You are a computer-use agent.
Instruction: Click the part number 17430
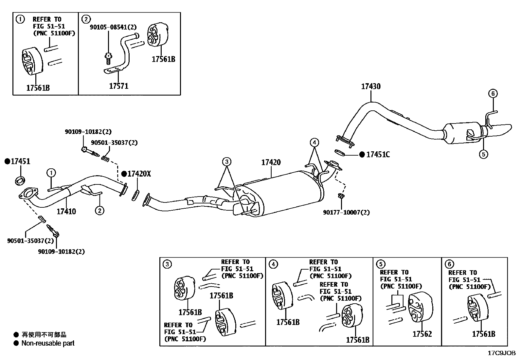point(371,86)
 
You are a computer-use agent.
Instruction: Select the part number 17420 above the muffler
point(271,162)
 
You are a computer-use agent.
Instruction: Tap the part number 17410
point(66,211)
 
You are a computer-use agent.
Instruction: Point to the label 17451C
point(378,155)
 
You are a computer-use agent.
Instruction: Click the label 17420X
point(139,174)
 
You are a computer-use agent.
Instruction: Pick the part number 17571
point(118,86)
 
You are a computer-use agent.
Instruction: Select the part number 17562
point(422,334)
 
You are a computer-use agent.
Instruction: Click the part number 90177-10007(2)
point(346,212)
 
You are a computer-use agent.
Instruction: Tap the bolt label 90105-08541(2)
point(113,27)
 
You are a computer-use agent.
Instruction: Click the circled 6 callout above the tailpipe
point(493,94)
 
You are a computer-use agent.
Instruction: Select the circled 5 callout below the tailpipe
point(484,154)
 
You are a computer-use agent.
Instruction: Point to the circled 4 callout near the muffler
point(314,142)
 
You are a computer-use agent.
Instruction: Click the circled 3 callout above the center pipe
point(226,161)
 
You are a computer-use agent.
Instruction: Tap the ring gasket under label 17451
point(20,181)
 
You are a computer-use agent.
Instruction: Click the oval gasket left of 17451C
point(340,153)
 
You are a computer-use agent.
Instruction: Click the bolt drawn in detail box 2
point(108,58)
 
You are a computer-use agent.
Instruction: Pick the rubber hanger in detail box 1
point(32,61)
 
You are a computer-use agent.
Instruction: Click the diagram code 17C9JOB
point(501,353)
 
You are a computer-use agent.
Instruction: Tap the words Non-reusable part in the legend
point(48,343)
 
